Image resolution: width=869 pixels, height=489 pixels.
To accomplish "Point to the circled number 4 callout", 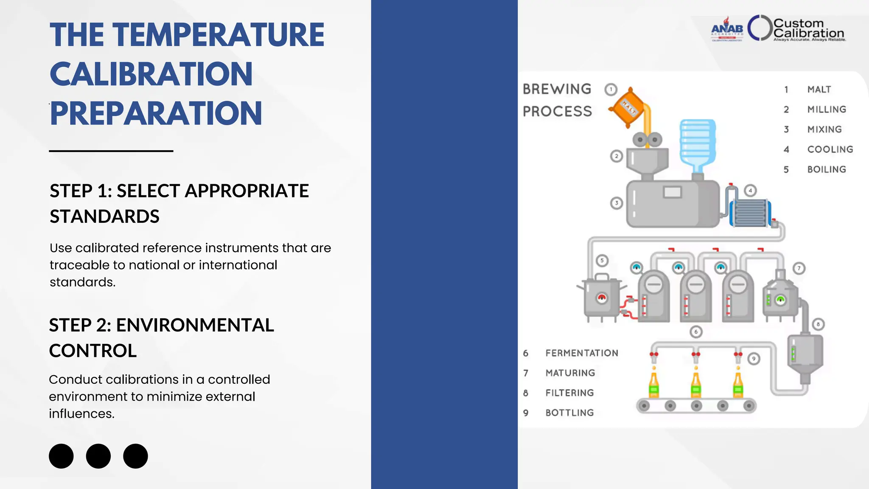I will coord(750,191).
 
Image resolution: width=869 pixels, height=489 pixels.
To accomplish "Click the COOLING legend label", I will coord(830,149).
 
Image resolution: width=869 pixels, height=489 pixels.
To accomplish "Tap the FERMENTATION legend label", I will coord(582,353).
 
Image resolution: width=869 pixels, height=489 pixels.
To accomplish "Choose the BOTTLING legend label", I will coord(569,413).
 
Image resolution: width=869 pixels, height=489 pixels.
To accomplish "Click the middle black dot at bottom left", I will coord(98,456).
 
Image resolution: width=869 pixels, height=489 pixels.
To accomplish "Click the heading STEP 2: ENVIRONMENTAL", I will coord(161,325).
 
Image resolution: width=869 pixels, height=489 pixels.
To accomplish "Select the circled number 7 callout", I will coord(799,268).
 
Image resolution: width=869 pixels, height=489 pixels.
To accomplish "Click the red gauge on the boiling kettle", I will coord(602,298).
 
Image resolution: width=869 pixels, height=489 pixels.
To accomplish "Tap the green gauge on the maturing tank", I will coord(780,301).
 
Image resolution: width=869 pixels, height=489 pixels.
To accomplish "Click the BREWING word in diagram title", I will coord(557,89).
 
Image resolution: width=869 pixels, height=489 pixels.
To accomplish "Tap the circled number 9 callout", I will coord(754,359).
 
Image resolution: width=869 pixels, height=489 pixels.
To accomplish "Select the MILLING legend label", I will coord(827,110).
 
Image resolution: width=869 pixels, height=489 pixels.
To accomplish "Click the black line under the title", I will coord(111,151).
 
